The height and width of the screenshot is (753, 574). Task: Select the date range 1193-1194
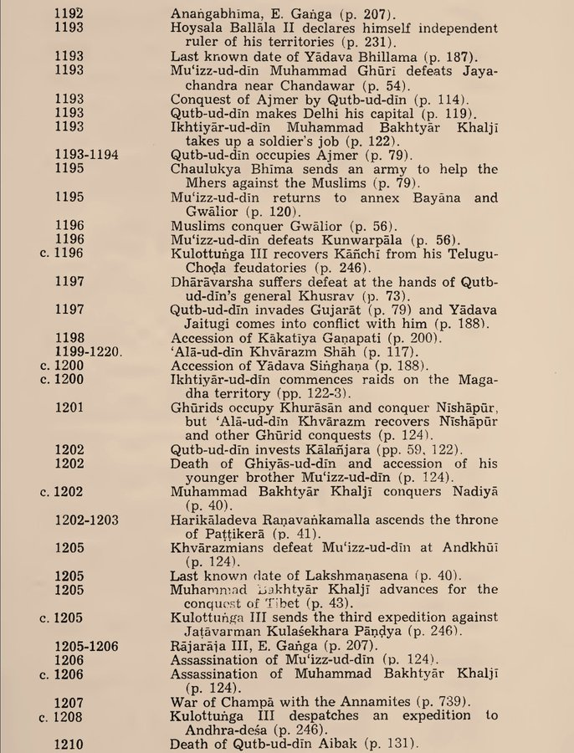tap(86, 155)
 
